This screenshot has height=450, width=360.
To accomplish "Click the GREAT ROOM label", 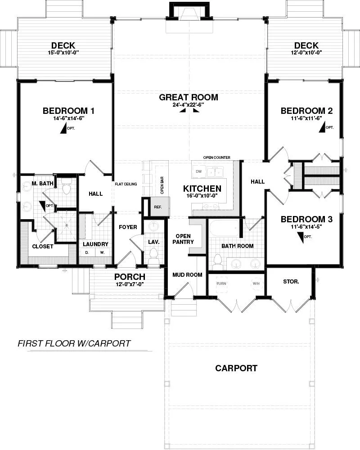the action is click(189, 97).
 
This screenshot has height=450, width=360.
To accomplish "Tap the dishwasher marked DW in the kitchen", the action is click(198, 171).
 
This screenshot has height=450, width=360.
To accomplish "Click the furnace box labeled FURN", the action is click(221, 283).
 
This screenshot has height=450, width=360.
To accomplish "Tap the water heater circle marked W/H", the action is click(256, 283).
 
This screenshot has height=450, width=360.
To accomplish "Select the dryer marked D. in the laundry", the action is click(87, 252).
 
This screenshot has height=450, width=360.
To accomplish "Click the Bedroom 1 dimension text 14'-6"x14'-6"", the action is click(68, 118).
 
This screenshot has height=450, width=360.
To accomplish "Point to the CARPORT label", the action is click(236, 368).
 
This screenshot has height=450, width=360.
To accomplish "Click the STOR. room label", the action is click(291, 282).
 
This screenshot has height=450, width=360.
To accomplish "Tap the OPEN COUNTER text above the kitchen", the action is click(217, 157).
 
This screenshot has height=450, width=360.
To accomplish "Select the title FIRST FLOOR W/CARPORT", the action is click(74, 343).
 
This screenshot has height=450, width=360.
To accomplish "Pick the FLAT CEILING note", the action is click(126, 184).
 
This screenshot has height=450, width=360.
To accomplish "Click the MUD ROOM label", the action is click(188, 275).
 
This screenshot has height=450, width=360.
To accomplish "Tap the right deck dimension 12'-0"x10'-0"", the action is click(306, 52).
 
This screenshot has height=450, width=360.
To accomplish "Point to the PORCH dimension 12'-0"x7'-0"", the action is click(130, 284).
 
